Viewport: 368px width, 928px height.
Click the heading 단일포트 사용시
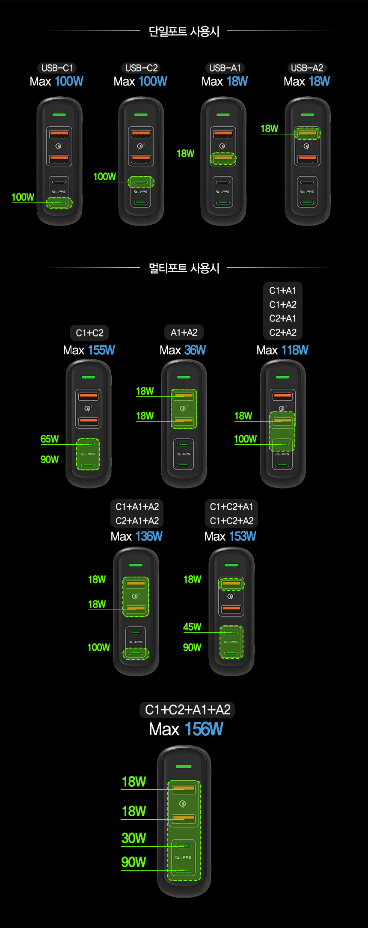(x=184, y=31)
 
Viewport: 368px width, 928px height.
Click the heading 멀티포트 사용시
(x=184, y=268)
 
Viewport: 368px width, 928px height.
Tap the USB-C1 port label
(x=57, y=68)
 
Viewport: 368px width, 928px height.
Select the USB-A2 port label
(x=307, y=68)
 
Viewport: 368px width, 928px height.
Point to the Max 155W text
(x=89, y=350)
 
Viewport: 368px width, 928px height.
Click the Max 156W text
(x=186, y=729)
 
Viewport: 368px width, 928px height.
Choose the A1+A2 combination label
(x=184, y=333)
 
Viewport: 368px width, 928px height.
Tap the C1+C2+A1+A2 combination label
(x=187, y=710)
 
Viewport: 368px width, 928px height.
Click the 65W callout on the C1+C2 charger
(x=50, y=439)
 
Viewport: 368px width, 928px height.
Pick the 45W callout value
(x=192, y=627)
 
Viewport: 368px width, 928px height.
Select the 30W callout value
(x=134, y=838)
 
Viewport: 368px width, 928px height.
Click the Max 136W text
(x=137, y=536)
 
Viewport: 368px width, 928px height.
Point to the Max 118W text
(x=282, y=350)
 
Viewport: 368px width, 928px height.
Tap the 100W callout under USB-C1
(x=23, y=197)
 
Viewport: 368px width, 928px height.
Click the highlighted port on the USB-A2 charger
(x=307, y=133)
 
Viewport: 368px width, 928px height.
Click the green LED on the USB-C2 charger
(x=141, y=115)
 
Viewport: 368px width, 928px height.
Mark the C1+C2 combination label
(x=89, y=333)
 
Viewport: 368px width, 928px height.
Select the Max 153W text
(x=230, y=536)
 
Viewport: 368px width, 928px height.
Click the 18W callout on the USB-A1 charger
(x=185, y=153)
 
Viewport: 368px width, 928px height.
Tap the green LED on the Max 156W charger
(x=184, y=766)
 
